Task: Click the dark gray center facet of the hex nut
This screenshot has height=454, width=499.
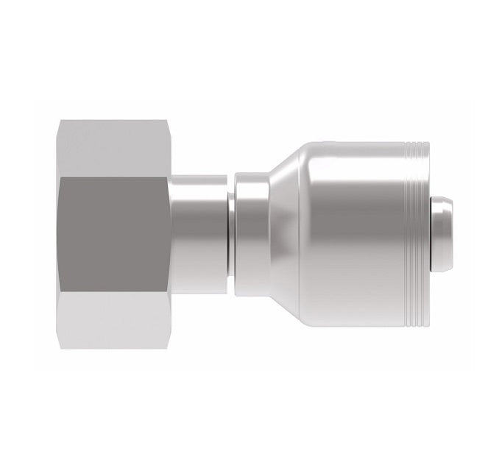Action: (x=110, y=233)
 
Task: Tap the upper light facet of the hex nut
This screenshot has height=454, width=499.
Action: (x=110, y=147)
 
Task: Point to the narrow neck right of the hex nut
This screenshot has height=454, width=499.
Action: (x=199, y=233)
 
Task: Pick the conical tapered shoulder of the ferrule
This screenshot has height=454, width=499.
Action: (x=283, y=233)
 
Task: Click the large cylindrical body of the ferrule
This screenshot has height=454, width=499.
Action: (x=346, y=233)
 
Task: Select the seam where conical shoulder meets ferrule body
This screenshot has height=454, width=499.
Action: (x=303, y=233)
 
